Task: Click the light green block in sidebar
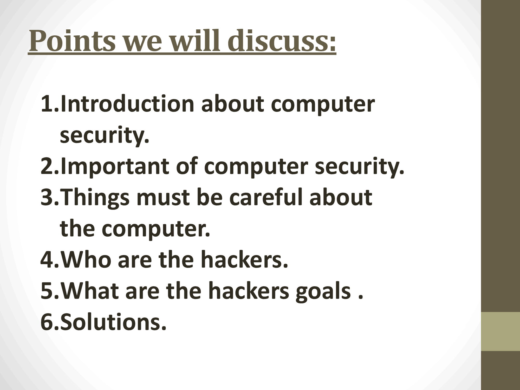(x=500, y=331)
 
